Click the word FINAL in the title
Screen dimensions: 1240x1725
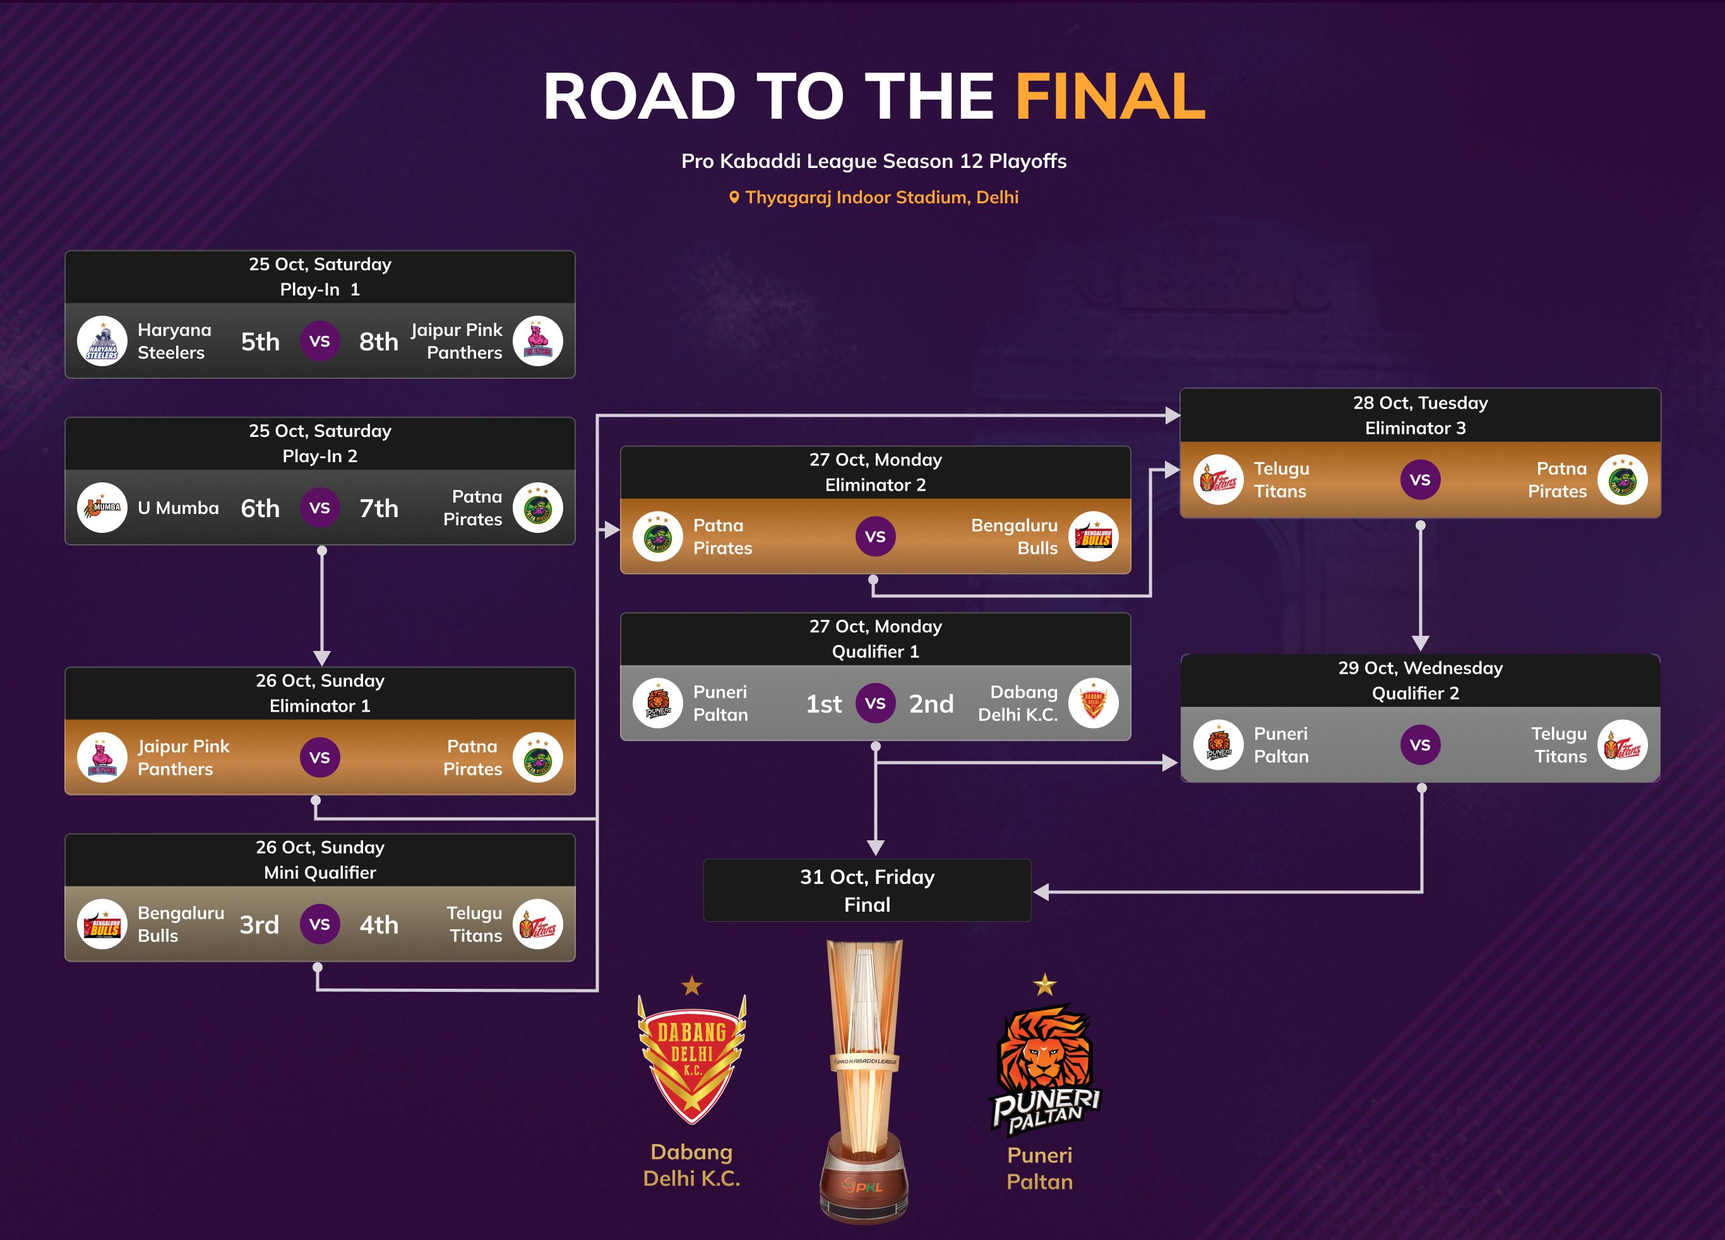(x=1109, y=97)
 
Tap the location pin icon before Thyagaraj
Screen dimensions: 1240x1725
(x=734, y=197)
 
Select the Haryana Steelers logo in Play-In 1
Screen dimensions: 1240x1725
(x=102, y=341)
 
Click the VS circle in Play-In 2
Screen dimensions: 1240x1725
(x=319, y=508)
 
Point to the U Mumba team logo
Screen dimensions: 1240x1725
(x=102, y=508)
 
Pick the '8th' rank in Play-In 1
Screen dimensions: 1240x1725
(x=379, y=342)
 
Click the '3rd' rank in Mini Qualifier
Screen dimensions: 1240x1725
(x=260, y=924)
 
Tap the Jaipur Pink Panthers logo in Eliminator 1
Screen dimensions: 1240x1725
(x=102, y=757)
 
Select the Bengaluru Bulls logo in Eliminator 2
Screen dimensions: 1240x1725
(x=1093, y=536)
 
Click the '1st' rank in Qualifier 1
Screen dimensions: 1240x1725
(x=824, y=704)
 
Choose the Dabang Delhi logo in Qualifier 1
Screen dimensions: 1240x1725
(x=1093, y=703)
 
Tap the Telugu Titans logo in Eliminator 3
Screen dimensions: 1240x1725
(x=1219, y=479)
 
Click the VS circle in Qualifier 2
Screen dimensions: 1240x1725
(x=1420, y=745)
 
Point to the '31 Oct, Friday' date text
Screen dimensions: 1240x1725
(x=867, y=877)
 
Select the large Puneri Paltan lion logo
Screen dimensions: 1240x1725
(x=1044, y=1065)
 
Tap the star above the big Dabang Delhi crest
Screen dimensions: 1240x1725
(x=691, y=986)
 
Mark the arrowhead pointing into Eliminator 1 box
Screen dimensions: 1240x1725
(x=322, y=658)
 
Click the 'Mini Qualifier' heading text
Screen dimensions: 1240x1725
(x=319, y=873)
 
